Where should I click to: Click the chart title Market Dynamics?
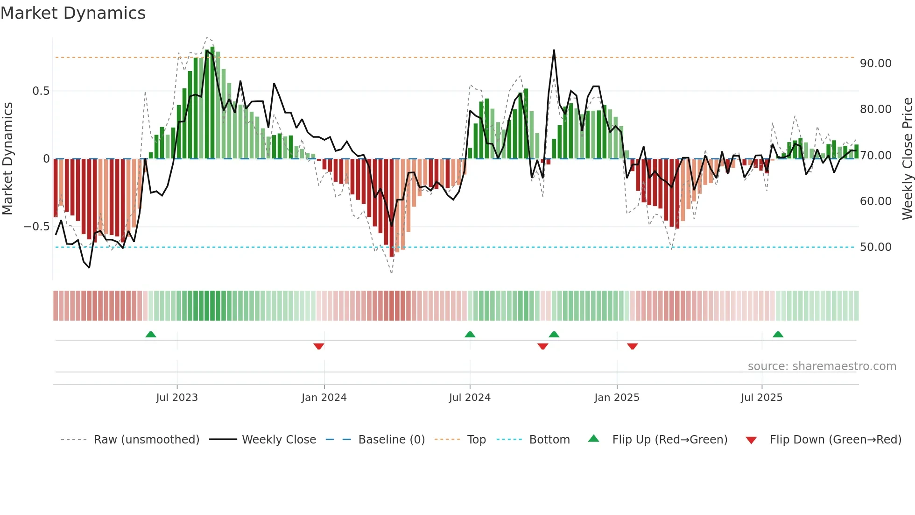click(x=73, y=13)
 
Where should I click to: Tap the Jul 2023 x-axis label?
click(x=177, y=398)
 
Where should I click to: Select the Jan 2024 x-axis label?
click(x=324, y=398)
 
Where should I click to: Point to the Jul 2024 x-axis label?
click(x=470, y=398)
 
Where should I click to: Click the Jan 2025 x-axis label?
click(x=617, y=398)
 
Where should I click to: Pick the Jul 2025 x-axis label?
click(x=761, y=398)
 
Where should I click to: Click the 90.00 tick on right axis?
click(x=875, y=64)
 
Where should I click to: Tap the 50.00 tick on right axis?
click(x=875, y=247)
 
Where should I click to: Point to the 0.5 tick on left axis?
click(x=41, y=91)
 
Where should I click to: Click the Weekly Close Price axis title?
click(x=907, y=158)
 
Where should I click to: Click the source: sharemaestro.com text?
click(x=822, y=366)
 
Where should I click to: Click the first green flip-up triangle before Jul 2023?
click(x=150, y=335)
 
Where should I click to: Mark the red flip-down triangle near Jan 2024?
click(x=319, y=346)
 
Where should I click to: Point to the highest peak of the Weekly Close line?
click(x=554, y=50)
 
